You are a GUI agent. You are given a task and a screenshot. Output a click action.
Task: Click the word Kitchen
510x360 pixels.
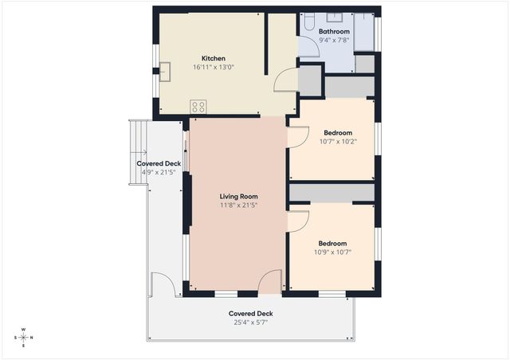pyautogui.click(x=213, y=58)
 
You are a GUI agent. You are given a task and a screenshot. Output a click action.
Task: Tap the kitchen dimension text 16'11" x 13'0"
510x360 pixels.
pyautogui.click(x=213, y=68)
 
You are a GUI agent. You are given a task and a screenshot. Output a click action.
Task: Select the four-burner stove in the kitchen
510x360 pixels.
pyautogui.click(x=198, y=106)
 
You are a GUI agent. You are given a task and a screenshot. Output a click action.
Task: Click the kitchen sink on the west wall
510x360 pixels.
pyautogui.click(x=166, y=72)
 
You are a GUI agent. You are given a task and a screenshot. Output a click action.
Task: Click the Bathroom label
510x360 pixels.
pyautogui.click(x=334, y=32)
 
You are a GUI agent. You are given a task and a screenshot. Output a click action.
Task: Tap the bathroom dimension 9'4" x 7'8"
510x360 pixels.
pyautogui.click(x=334, y=41)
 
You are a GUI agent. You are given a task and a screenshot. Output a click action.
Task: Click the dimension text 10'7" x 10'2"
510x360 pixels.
pyautogui.click(x=339, y=142)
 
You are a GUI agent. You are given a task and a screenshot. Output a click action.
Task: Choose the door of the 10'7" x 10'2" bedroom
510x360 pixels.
pyautogui.click(x=297, y=135)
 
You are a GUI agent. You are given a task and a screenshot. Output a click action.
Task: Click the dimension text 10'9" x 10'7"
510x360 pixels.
pyautogui.click(x=332, y=252)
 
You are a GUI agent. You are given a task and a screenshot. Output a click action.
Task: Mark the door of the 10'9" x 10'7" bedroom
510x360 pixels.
pyautogui.click(x=296, y=221)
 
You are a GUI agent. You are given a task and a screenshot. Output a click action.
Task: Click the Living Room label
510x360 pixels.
pyautogui.click(x=238, y=196)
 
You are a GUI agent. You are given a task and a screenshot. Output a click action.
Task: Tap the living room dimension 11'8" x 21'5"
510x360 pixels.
pyautogui.click(x=238, y=205)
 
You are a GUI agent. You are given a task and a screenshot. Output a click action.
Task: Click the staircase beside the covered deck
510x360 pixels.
pyautogui.click(x=139, y=151)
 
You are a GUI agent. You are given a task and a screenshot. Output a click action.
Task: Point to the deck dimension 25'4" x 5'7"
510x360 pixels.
pyautogui.click(x=250, y=323)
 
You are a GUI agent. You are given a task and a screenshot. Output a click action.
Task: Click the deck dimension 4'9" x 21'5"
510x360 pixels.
pyautogui.click(x=160, y=172)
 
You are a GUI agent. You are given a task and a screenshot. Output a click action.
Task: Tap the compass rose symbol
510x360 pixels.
pyautogui.click(x=23, y=337)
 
